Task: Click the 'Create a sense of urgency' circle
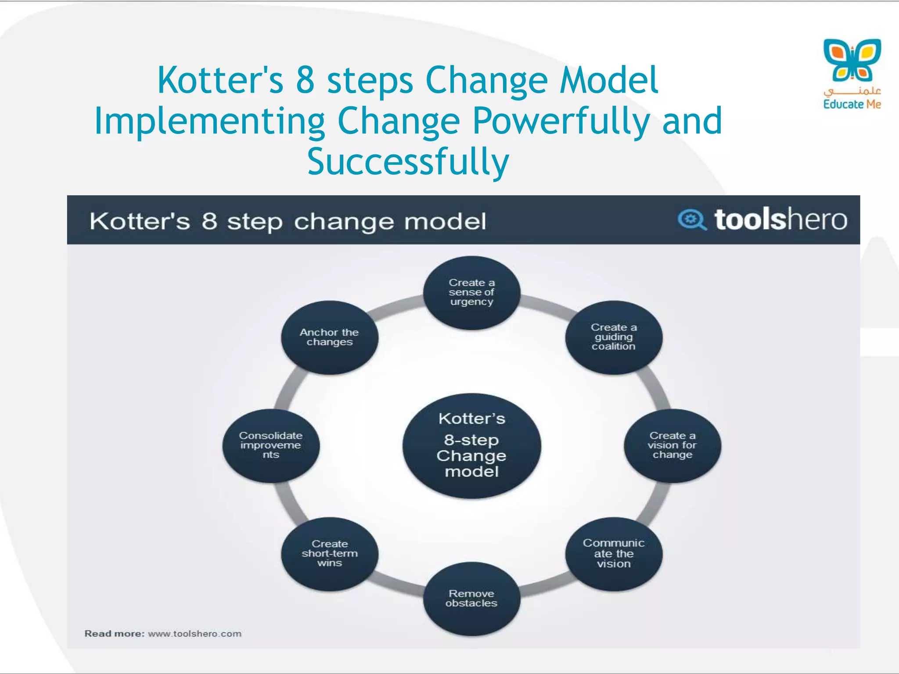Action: click(471, 293)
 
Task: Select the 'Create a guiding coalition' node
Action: click(613, 337)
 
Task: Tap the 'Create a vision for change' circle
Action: click(672, 445)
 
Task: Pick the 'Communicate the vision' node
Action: click(613, 554)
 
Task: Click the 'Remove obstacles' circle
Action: click(471, 599)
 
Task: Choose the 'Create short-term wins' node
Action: click(329, 554)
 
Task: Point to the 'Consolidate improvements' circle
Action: click(271, 445)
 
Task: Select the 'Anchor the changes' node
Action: click(329, 337)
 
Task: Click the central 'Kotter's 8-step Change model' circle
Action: click(471, 445)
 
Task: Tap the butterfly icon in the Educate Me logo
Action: click(852, 60)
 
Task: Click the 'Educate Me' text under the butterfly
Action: click(852, 104)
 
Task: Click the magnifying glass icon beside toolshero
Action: click(692, 219)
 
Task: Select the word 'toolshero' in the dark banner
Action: click(780, 219)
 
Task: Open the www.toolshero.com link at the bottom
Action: click(194, 634)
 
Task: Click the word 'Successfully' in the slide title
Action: click(408, 161)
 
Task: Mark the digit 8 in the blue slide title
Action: click(305, 80)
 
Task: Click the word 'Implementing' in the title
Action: click(209, 122)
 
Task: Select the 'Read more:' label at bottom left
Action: click(114, 634)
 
